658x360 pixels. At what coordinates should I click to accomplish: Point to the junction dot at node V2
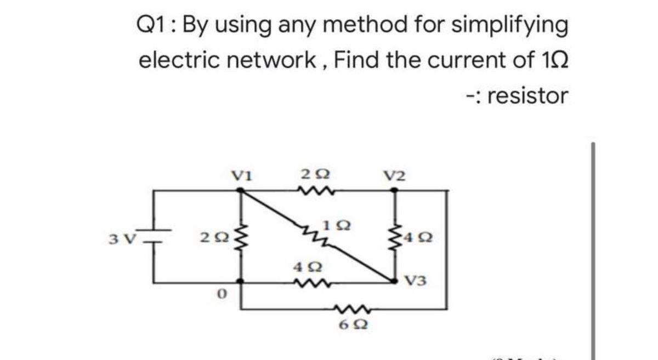(x=395, y=191)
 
